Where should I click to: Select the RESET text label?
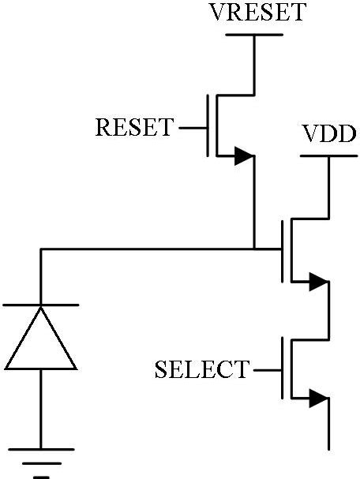click(x=133, y=127)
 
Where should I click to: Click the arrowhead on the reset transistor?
click(x=245, y=157)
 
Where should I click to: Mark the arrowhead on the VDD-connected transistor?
click(x=319, y=280)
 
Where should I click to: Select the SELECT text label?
click(x=201, y=369)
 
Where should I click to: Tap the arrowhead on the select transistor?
click(x=319, y=399)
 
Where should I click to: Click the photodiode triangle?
click(x=41, y=339)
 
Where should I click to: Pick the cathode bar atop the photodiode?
click(x=41, y=305)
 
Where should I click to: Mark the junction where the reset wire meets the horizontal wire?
click(x=254, y=249)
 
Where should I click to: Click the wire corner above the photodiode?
click(x=41, y=249)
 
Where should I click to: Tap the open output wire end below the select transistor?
click(x=328, y=446)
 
